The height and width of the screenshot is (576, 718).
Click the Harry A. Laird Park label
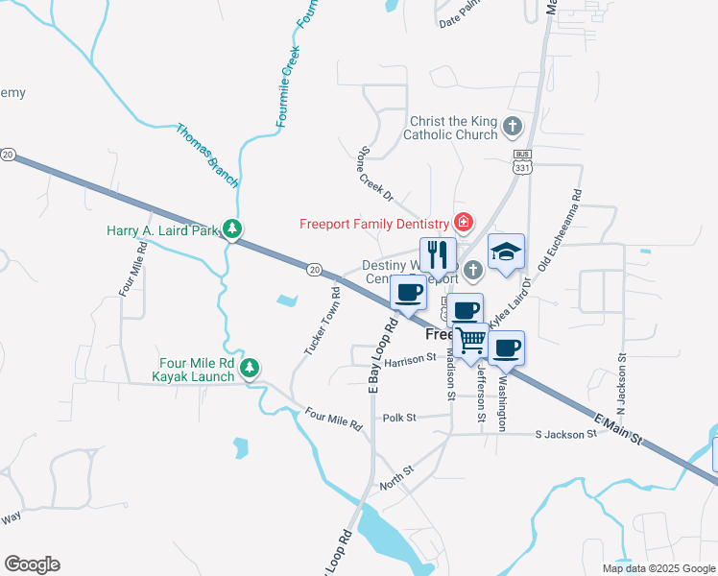[162, 231]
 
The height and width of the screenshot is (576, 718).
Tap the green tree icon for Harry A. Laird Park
[231, 228]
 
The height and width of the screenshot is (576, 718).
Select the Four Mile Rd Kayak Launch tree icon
[250, 367]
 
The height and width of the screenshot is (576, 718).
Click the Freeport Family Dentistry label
[375, 225]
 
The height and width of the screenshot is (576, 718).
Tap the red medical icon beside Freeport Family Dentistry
[464, 224]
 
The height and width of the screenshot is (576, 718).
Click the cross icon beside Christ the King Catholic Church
[513, 126]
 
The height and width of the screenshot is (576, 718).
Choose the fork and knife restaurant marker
[438, 255]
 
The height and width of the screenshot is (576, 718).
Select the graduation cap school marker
[506, 252]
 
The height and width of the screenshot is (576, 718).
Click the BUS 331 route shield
[522, 162]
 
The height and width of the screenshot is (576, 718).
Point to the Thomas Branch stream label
[206, 154]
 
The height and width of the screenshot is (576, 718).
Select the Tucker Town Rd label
[323, 321]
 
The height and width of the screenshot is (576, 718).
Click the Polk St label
[398, 418]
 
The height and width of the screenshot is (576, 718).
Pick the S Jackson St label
[566, 434]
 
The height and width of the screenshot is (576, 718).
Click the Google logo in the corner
[32, 564]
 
